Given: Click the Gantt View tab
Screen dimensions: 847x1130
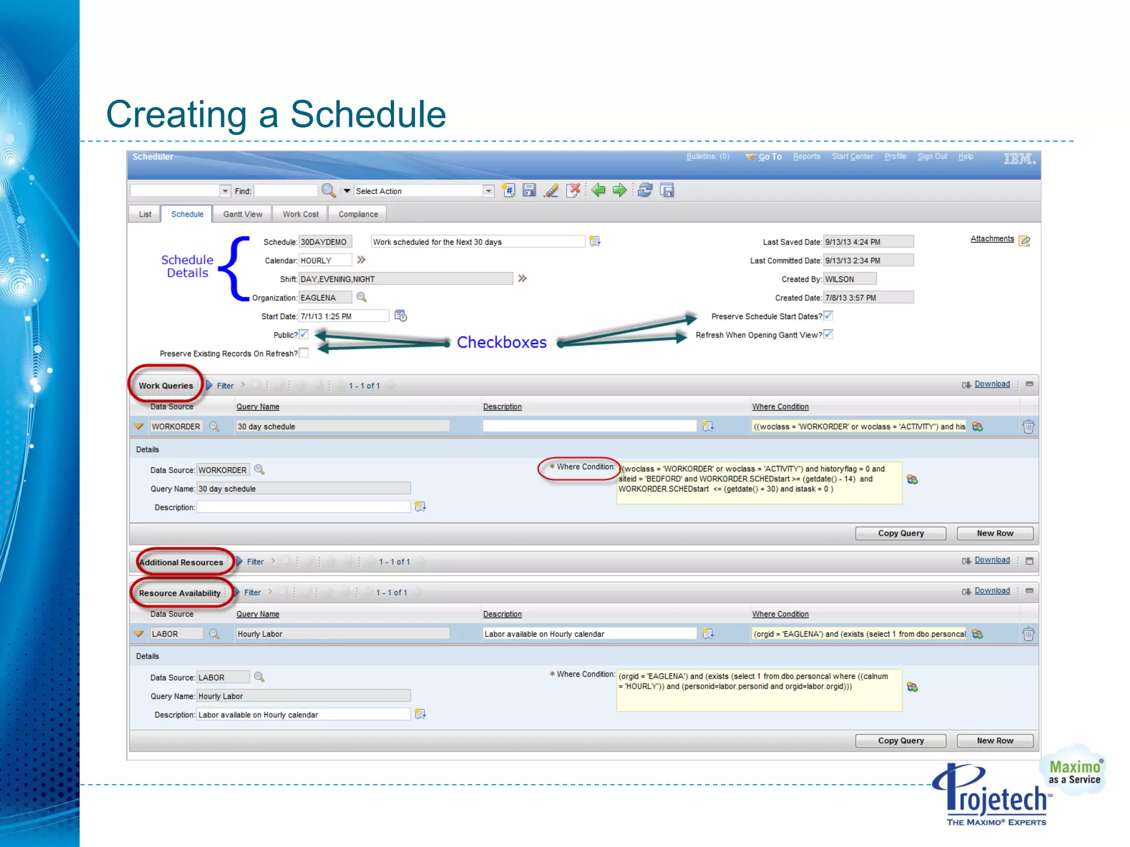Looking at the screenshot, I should (x=243, y=214).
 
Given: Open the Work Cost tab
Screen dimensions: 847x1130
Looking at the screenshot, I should (x=300, y=214).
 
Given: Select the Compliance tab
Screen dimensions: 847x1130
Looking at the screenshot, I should (x=358, y=214).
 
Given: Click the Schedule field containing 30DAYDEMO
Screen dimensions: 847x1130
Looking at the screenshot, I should (x=325, y=242).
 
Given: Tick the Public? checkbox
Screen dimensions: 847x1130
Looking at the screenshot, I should (x=304, y=334).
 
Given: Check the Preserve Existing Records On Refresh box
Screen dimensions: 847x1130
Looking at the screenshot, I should (x=304, y=353).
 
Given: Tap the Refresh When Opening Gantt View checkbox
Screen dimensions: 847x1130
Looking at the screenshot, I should (x=828, y=334).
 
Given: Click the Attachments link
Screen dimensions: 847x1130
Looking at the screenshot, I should (x=992, y=239).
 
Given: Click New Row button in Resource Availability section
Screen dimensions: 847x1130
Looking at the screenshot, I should (x=995, y=741).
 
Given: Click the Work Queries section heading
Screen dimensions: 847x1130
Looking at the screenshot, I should (x=166, y=385).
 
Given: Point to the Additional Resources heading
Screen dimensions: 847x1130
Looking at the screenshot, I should (x=182, y=562).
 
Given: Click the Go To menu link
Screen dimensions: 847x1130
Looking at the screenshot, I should (x=769, y=157).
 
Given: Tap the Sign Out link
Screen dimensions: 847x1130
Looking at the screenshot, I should (x=932, y=157).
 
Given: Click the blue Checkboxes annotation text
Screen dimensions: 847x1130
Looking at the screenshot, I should (x=502, y=342).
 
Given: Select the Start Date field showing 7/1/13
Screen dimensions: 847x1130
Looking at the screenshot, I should (x=344, y=316).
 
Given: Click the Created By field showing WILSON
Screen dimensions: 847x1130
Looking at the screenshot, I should (x=849, y=279).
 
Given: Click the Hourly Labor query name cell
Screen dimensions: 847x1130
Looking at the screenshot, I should (x=342, y=634).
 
